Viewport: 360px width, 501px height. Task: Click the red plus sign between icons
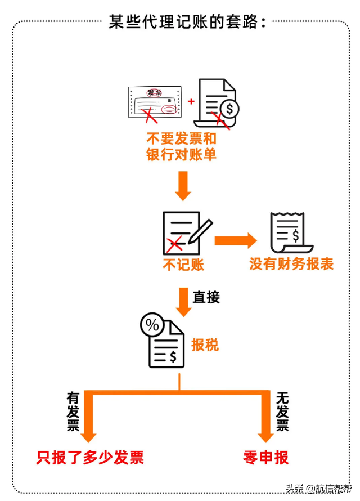pos(191,101)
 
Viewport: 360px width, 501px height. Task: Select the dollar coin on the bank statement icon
pos(229,107)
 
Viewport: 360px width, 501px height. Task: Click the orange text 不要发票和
pos(181,138)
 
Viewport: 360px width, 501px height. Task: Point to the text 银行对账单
pos(181,155)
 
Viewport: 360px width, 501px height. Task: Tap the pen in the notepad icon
pos(201,231)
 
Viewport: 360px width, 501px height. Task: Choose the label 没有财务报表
pos(291,263)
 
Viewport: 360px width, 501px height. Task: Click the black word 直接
pos(206,298)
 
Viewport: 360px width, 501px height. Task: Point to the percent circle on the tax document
pos(152,325)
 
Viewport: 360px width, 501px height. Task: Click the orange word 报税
pos(205,345)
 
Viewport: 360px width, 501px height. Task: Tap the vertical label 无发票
pos(282,411)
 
